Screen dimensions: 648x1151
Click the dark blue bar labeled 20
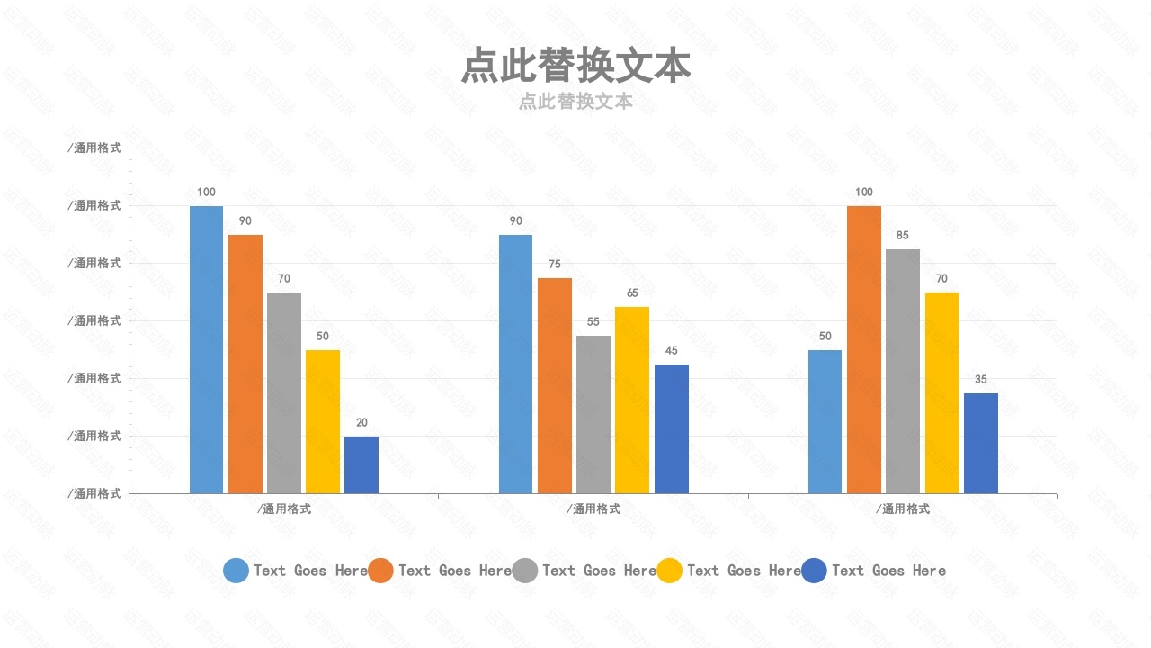[x=361, y=464]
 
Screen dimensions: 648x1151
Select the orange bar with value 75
[x=555, y=385]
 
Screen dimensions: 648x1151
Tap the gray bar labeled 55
[x=593, y=414]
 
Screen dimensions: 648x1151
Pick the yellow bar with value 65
[x=632, y=400]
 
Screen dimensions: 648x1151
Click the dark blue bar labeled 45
[x=672, y=428]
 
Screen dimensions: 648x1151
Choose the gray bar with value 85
[x=903, y=371]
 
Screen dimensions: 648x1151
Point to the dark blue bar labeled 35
[x=981, y=443]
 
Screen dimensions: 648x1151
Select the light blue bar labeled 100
[x=206, y=349]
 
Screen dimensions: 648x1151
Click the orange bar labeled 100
[x=864, y=349]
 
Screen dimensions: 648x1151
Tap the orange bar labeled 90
[x=245, y=364]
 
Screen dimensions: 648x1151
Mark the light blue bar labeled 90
[x=515, y=364]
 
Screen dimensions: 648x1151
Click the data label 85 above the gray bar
[x=903, y=236]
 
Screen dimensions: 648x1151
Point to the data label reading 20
[x=361, y=422]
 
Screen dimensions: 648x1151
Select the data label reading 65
[x=632, y=293]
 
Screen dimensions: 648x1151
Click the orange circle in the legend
[x=380, y=570]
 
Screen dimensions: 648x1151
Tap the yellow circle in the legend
[x=669, y=570]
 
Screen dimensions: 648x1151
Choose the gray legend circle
[x=525, y=570]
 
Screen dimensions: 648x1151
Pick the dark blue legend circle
[x=814, y=570]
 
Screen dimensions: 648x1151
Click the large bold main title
[x=575, y=67]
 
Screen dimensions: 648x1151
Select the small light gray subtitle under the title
[x=575, y=102]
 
